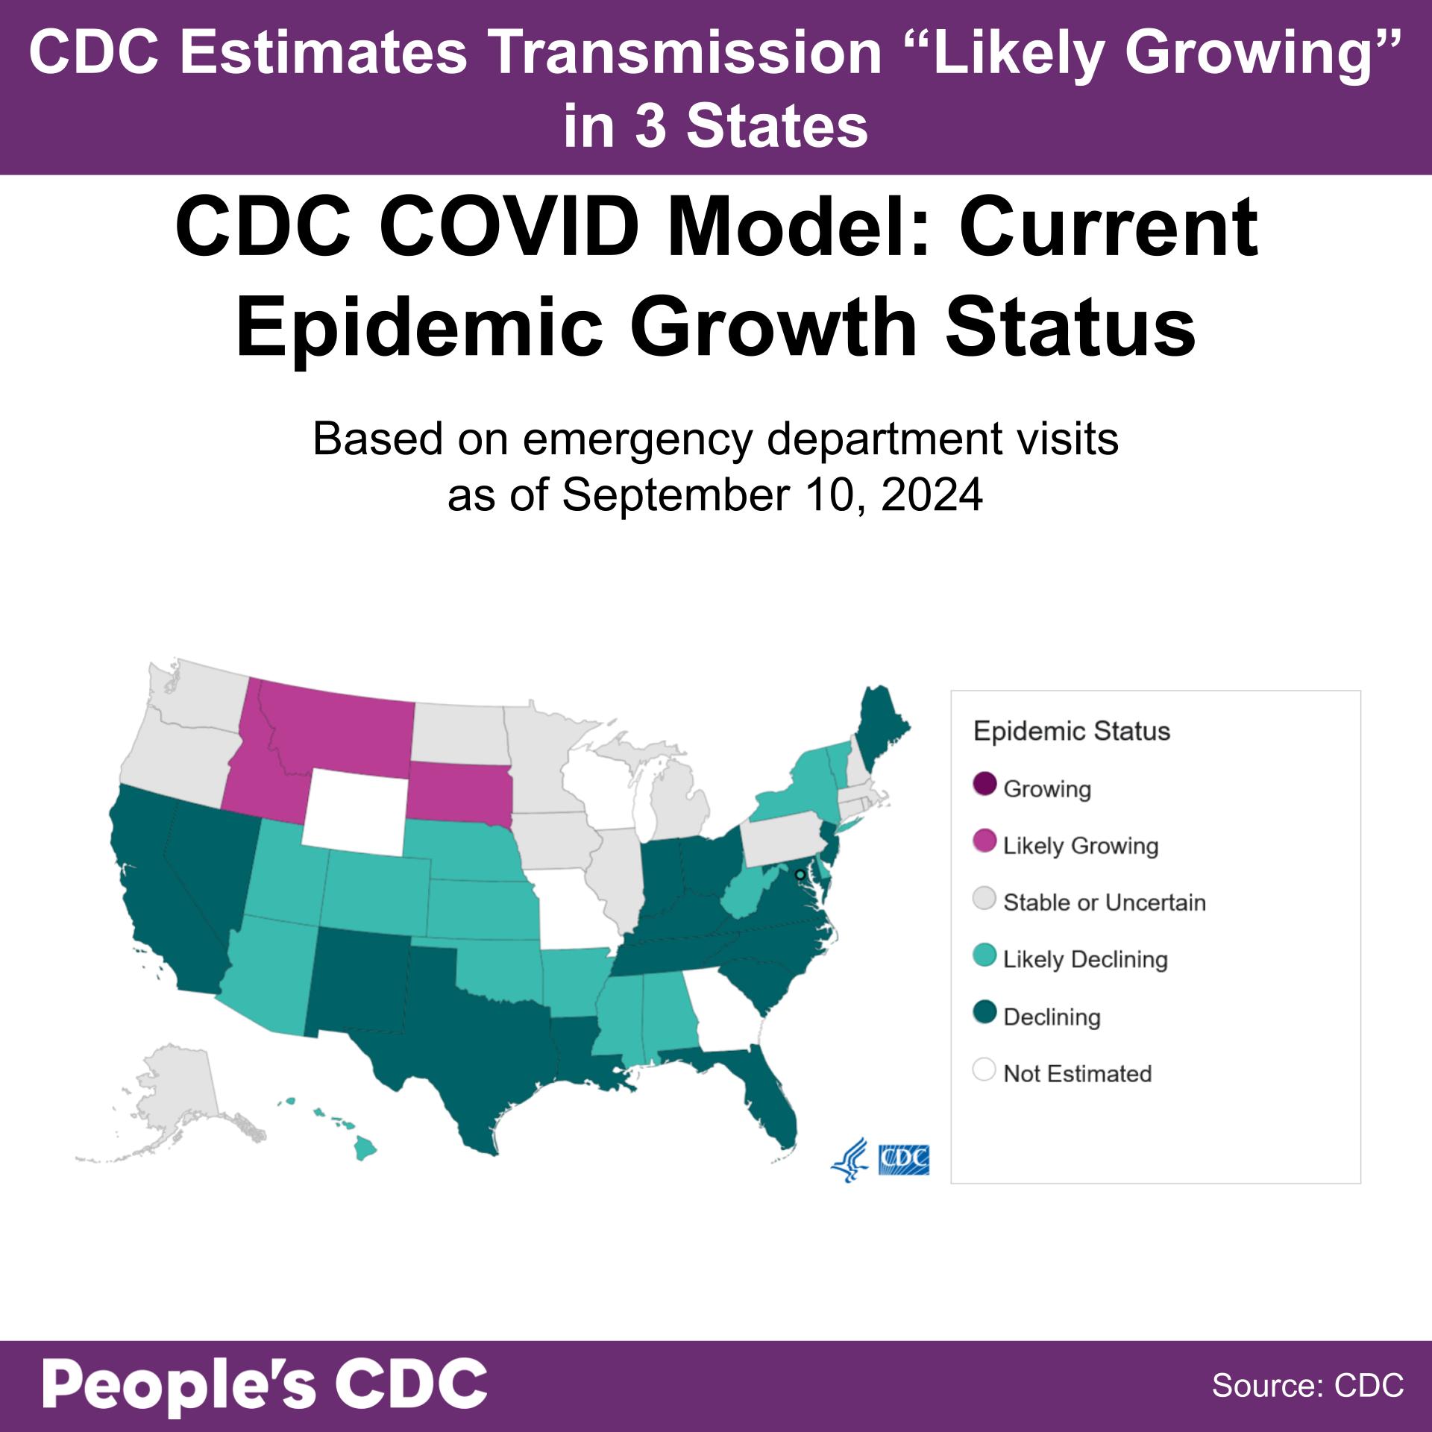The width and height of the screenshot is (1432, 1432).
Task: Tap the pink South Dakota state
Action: tap(456, 794)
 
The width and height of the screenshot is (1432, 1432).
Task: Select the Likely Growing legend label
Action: tap(1080, 846)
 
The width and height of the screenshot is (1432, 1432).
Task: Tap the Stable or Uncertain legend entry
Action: tap(1104, 902)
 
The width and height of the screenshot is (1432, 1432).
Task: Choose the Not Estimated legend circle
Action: tap(984, 1071)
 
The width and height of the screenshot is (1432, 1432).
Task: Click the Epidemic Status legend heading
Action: tap(1072, 731)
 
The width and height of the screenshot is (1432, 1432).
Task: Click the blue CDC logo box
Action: tap(905, 1180)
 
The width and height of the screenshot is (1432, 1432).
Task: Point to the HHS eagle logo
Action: tap(850, 1181)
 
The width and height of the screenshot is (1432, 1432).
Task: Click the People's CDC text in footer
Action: tap(264, 1384)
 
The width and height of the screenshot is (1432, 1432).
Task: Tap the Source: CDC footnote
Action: tap(1307, 1386)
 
